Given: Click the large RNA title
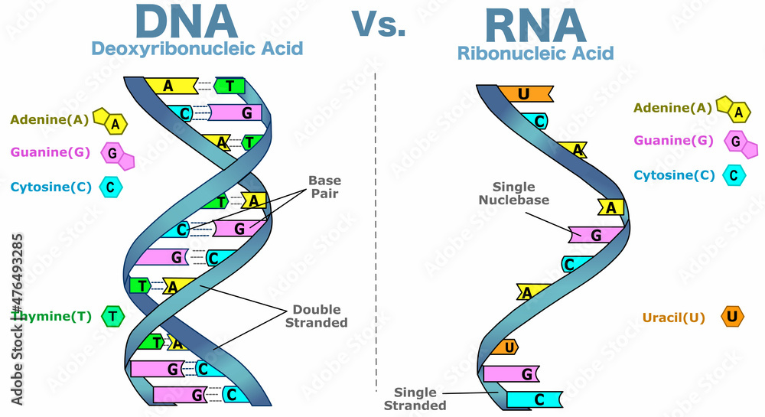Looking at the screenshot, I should pyautogui.click(x=535, y=24).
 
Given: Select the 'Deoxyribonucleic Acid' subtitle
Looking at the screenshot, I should pyautogui.click(x=197, y=49).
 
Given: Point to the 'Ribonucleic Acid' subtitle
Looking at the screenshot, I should pyautogui.click(x=535, y=53).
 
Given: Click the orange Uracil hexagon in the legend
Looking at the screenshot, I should pyautogui.click(x=732, y=317).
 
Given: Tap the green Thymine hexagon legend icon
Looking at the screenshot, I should pyautogui.click(x=112, y=315).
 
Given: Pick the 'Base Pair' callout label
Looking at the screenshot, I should pyautogui.click(x=324, y=187).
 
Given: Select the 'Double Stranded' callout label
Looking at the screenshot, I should pyautogui.click(x=316, y=316).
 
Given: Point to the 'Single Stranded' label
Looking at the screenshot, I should pyautogui.click(x=414, y=399).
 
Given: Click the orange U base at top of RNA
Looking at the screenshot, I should pyautogui.click(x=525, y=94).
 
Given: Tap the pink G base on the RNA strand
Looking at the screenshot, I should pyautogui.click(x=597, y=234).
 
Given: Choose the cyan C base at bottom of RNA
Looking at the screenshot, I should pyautogui.click(x=535, y=399).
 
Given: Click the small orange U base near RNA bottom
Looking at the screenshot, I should pyautogui.click(x=507, y=347).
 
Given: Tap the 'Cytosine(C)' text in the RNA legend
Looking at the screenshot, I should pyautogui.click(x=674, y=175).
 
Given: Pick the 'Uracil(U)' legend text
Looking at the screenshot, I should pyautogui.click(x=673, y=318).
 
